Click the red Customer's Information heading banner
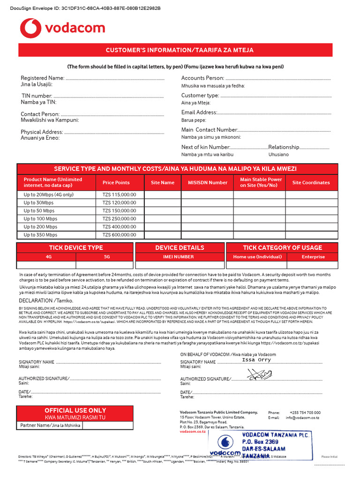click(x=180, y=50)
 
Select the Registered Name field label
click(x=42, y=78)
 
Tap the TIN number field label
click(x=37, y=96)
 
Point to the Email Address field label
click(x=199, y=112)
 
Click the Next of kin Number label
click(x=205, y=147)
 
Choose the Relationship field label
click(x=284, y=147)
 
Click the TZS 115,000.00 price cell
click(x=119, y=195)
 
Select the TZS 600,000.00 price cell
click(x=119, y=235)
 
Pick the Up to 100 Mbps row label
click(x=40, y=219)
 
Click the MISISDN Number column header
click(x=208, y=183)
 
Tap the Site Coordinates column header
click(x=311, y=183)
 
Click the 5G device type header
click(x=106, y=257)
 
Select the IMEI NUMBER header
click(x=178, y=257)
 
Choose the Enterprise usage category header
click(x=313, y=257)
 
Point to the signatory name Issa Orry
click(x=256, y=360)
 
